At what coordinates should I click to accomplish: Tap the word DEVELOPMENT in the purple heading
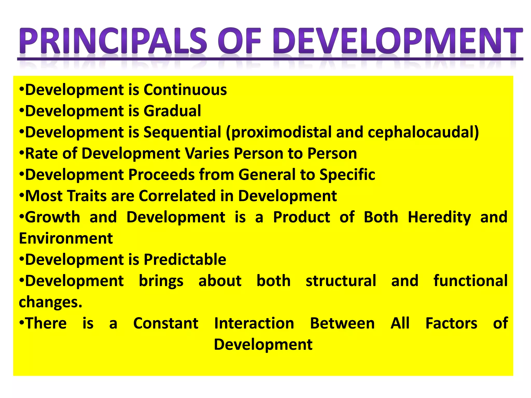coord(397,41)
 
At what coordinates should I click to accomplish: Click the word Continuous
coord(185,90)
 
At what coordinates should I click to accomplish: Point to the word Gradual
coord(172,111)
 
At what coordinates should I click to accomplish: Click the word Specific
coord(347,175)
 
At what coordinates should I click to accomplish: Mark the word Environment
coord(66,238)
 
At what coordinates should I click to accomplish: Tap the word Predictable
coord(185,260)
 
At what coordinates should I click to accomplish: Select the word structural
coord(341,281)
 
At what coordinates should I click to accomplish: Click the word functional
coord(470,281)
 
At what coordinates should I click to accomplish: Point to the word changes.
coord(50,302)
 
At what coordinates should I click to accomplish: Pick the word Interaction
coord(254,323)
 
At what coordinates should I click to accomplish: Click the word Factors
coord(451,323)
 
